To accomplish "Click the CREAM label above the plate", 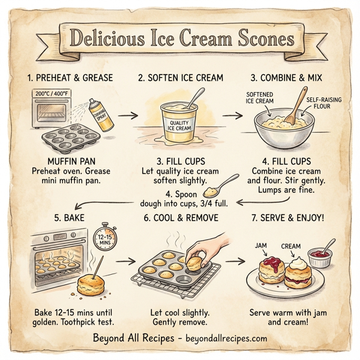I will [291, 245].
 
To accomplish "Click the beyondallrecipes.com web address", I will [227, 338].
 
